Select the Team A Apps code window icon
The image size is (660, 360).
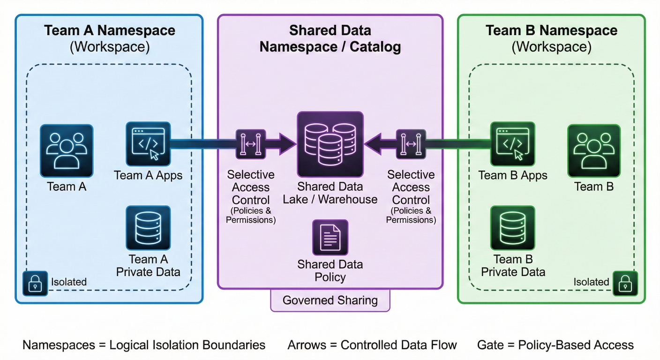(x=148, y=144)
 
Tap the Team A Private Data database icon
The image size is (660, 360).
(x=148, y=228)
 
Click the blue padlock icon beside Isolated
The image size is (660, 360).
(x=35, y=283)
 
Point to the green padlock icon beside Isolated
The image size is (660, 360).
(x=625, y=283)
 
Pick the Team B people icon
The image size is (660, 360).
(x=593, y=150)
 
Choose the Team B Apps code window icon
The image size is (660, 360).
(x=512, y=144)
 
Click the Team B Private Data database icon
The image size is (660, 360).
(x=512, y=228)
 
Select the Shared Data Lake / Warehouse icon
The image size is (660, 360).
(x=330, y=144)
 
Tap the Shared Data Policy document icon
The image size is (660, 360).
(x=330, y=237)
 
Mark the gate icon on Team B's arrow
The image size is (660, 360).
(x=411, y=144)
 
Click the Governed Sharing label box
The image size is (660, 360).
(x=330, y=300)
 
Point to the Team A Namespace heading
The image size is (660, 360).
(x=110, y=31)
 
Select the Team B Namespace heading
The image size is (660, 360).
(x=551, y=31)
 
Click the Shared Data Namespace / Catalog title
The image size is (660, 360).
(x=330, y=39)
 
